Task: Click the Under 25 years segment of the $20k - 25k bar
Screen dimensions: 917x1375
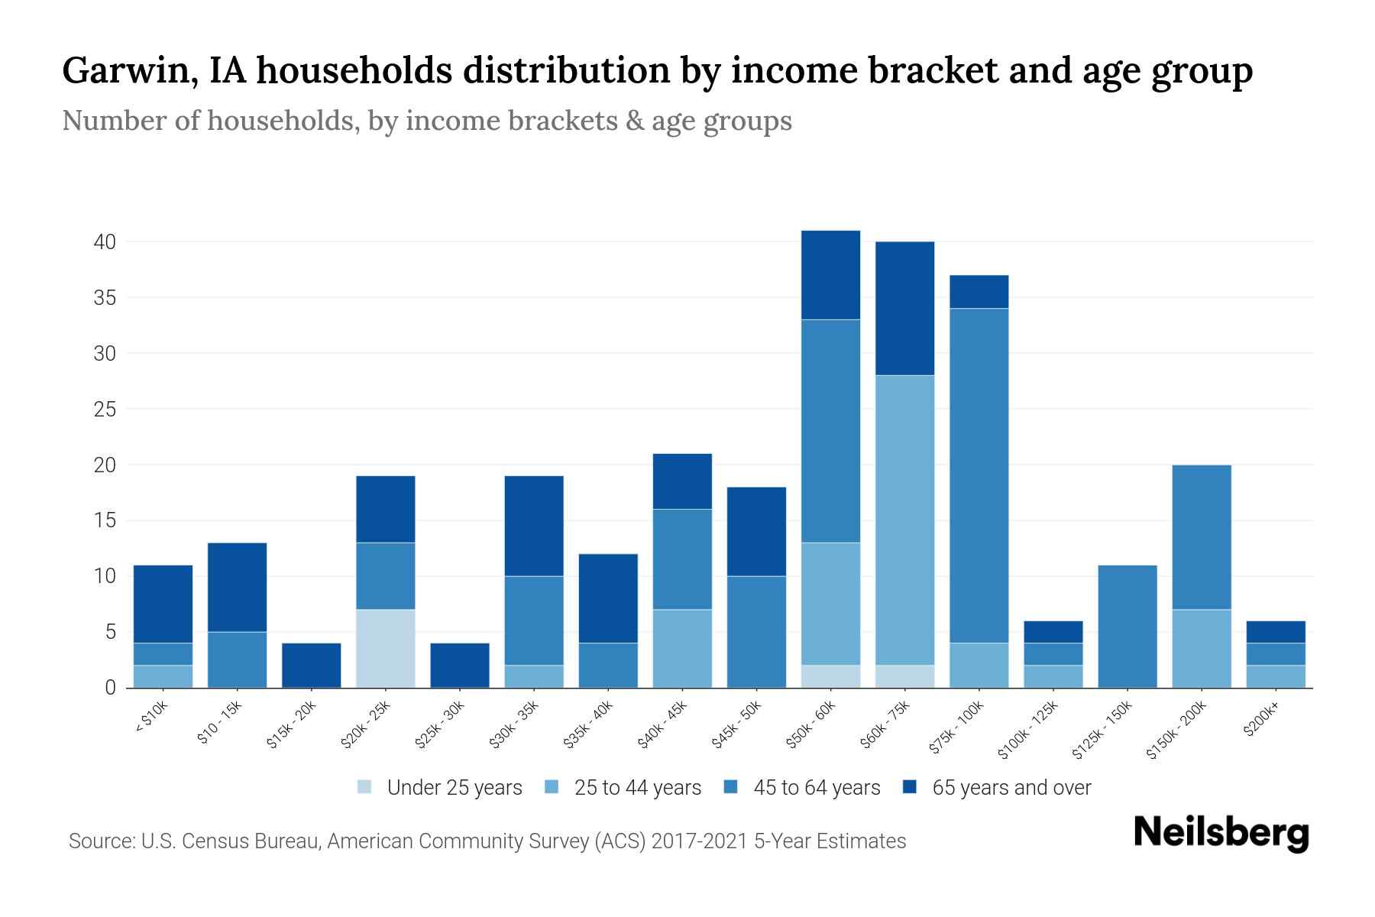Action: tap(386, 648)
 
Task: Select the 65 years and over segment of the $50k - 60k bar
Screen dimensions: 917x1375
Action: tap(830, 275)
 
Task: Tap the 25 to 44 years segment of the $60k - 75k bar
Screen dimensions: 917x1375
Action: tap(904, 520)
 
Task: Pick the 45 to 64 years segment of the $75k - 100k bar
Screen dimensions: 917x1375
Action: tap(979, 475)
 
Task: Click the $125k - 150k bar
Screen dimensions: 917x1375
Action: tap(1127, 627)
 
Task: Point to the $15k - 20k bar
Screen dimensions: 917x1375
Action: tap(312, 665)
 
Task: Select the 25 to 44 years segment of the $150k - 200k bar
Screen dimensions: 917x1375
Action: tap(1201, 648)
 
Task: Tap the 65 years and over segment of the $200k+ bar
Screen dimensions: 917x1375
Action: tap(1275, 632)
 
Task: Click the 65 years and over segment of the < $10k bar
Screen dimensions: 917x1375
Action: tap(163, 604)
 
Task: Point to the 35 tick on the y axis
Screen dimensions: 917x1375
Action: tap(105, 298)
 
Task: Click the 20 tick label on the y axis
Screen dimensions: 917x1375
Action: tap(105, 465)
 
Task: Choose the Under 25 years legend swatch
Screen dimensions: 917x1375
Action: tap(364, 787)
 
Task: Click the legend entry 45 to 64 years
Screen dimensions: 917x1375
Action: tap(816, 788)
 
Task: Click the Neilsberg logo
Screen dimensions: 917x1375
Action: tap(1221, 833)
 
